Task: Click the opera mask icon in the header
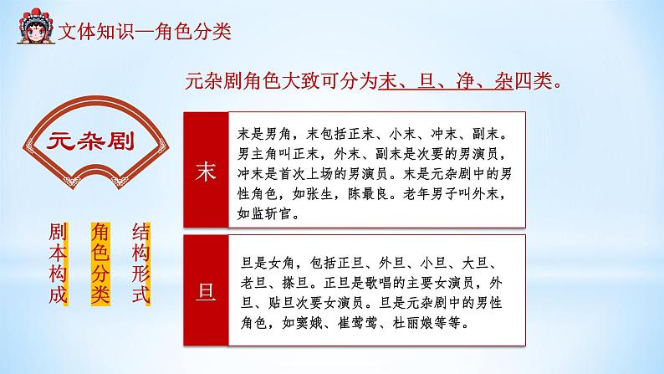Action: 33,29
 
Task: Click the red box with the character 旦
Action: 204,290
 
